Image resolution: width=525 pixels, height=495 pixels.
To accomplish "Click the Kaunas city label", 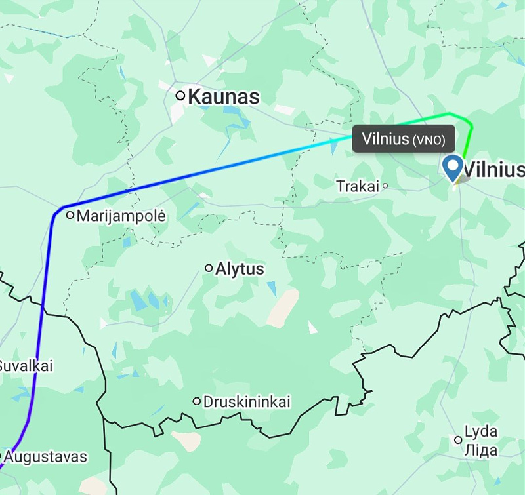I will click(x=223, y=97).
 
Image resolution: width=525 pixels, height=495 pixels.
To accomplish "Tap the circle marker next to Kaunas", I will click(x=180, y=96).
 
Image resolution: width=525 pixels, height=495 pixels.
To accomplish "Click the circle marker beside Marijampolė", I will click(x=70, y=215).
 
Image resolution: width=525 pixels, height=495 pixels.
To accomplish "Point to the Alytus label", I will click(x=240, y=269).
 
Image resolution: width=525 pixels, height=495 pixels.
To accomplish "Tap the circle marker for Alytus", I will click(x=209, y=267).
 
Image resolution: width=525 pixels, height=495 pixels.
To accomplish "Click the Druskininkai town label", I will click(x=247, y=401).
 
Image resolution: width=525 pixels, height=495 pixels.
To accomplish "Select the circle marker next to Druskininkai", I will click(x=196, y=401).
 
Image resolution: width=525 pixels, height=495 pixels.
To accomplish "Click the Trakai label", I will click(x=358, y=186).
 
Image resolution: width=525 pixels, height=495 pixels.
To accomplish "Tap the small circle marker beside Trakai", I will click(x=385, y=186).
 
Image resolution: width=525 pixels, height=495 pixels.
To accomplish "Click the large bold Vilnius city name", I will click(x=493, y=170).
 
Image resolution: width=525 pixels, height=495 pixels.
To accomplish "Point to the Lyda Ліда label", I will click(x=480, y=441).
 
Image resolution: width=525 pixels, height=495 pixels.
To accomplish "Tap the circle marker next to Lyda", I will click(x=458, y=440).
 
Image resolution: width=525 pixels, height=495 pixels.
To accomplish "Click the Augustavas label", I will click(x=48, y=456).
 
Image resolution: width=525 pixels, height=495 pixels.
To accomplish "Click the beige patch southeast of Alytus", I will click(x=282, y=308).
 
